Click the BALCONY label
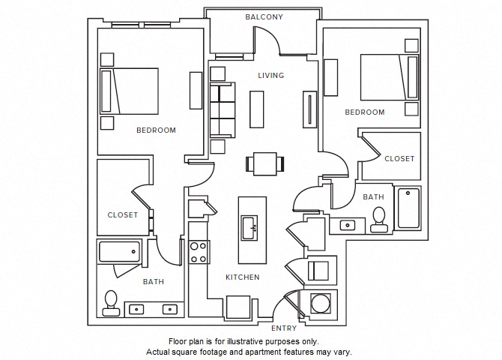pos(264,16)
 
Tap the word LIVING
pos(270,76)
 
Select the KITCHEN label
pos(243,277)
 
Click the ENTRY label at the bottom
pos(284,328)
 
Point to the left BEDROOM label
pos(156,130)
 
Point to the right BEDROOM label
pos(364,112)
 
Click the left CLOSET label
pos(122,214)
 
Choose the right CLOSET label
pos(399,159)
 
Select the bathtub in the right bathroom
pos(408,208)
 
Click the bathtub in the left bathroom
pos(120,251)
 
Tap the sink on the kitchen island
pos(251,226)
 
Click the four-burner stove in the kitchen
pos(198,252)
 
